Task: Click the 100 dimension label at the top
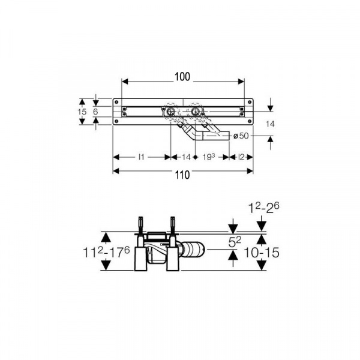point(183,76)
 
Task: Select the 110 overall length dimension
point(183,175)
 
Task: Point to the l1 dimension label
point(142,157)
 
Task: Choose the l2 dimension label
point(241,157)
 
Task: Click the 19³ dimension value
point(209,157)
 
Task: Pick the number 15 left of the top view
point(83,112)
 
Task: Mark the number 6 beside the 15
point(95,112)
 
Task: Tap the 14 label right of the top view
point(271,124)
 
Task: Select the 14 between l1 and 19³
point(185,157)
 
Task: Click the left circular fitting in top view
point(171,112)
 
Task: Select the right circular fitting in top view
point(195,112)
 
